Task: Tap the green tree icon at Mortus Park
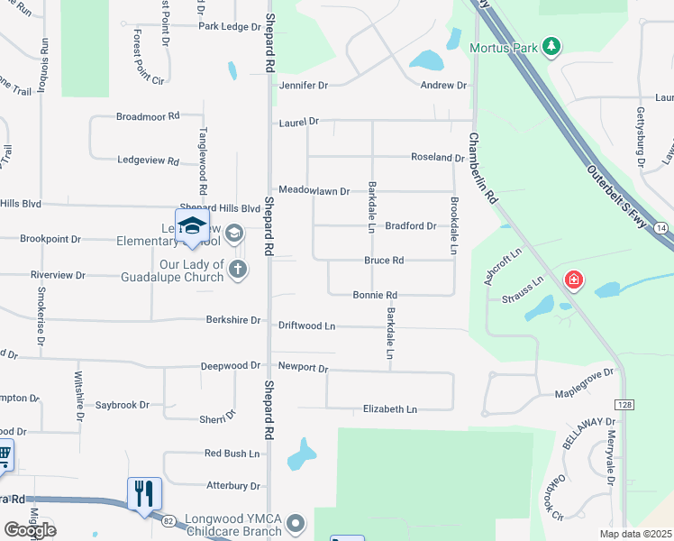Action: pos(552,46)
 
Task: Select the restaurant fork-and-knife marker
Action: pos(144,493)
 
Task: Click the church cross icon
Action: pos(237,269)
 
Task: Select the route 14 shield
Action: pos(662,229)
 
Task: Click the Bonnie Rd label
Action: pos(375,295)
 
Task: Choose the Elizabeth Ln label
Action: pos(390,409)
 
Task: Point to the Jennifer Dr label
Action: pos(303,85)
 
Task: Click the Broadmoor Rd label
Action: pos(149,116)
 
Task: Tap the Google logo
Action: pos(30,530)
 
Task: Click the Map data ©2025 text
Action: pos(635,535)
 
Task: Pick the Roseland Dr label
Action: pos(437,157)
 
